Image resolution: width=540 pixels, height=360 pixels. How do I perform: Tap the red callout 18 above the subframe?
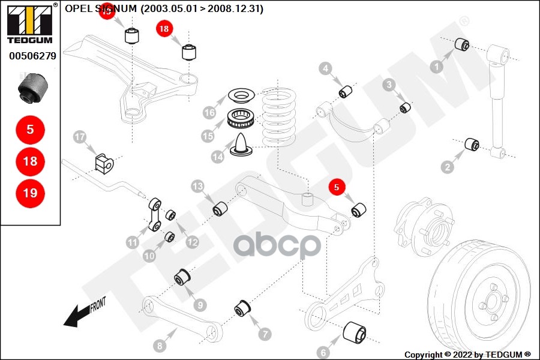pos(164,28)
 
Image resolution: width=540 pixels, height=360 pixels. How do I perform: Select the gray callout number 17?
pos(80,137)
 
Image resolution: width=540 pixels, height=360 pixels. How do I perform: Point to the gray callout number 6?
pos(322,352)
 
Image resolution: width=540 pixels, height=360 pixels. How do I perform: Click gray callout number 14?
pos(218,157)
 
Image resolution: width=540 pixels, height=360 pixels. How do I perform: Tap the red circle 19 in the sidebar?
pos(30,193)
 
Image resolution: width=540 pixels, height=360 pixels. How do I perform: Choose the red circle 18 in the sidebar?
pos(30,161)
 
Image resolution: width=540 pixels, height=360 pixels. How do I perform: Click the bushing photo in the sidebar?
pos(33,88)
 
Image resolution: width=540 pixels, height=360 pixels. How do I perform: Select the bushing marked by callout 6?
pos(354,333)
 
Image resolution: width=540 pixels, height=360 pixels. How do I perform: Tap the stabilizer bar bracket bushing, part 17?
pos(104,162)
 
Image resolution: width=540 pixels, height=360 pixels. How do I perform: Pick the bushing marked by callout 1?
pos(462,45)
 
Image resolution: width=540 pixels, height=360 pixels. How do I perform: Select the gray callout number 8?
pos(159,346)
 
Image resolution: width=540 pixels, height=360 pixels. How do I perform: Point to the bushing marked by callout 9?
pos(182,278)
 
